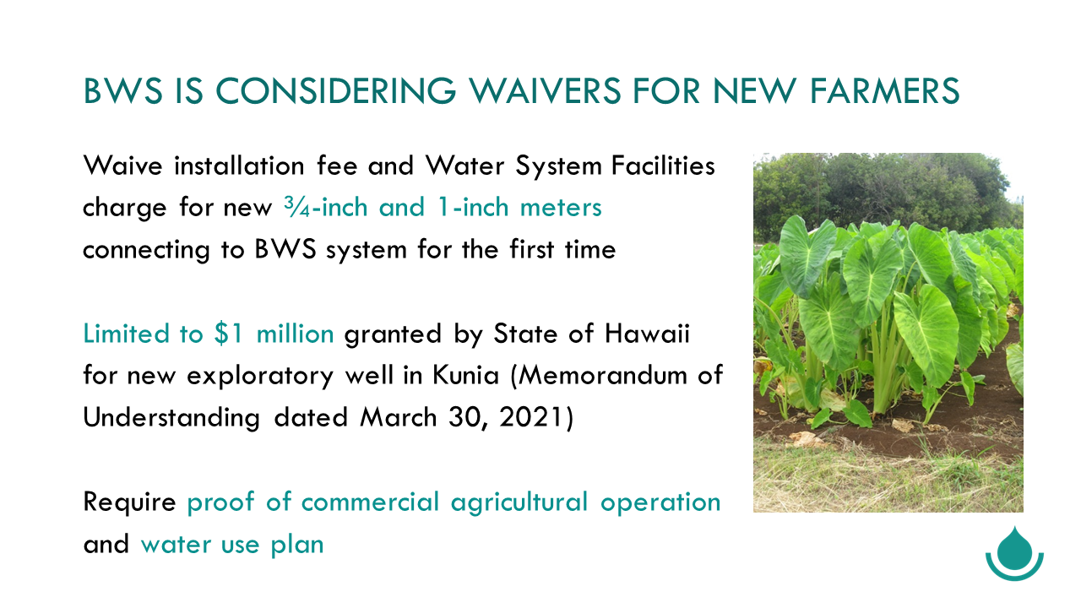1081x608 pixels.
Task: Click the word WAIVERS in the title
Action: (x=546, y=90)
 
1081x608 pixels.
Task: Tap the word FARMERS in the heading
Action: (x=885, y=90)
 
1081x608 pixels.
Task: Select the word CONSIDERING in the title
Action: (x=335, y=90)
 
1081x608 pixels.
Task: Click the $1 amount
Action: (x=229, y=334)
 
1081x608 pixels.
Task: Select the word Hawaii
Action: (x=648, y=334)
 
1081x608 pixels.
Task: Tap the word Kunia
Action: (x=465, y=376)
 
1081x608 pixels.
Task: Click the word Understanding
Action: (x=171, y=418)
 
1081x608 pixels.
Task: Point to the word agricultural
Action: (x=519, y=502)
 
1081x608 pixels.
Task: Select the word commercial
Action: (x=370, y=502)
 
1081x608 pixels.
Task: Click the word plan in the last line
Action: (x=296, y=545)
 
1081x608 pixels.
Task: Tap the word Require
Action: (x=129, y=502)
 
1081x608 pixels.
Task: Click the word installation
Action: (x=239, y=166)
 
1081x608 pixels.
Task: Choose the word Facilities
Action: (x=663, y=166)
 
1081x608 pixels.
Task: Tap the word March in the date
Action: (x=399, y=417)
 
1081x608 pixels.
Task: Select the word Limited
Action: (x=127, y=334)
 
